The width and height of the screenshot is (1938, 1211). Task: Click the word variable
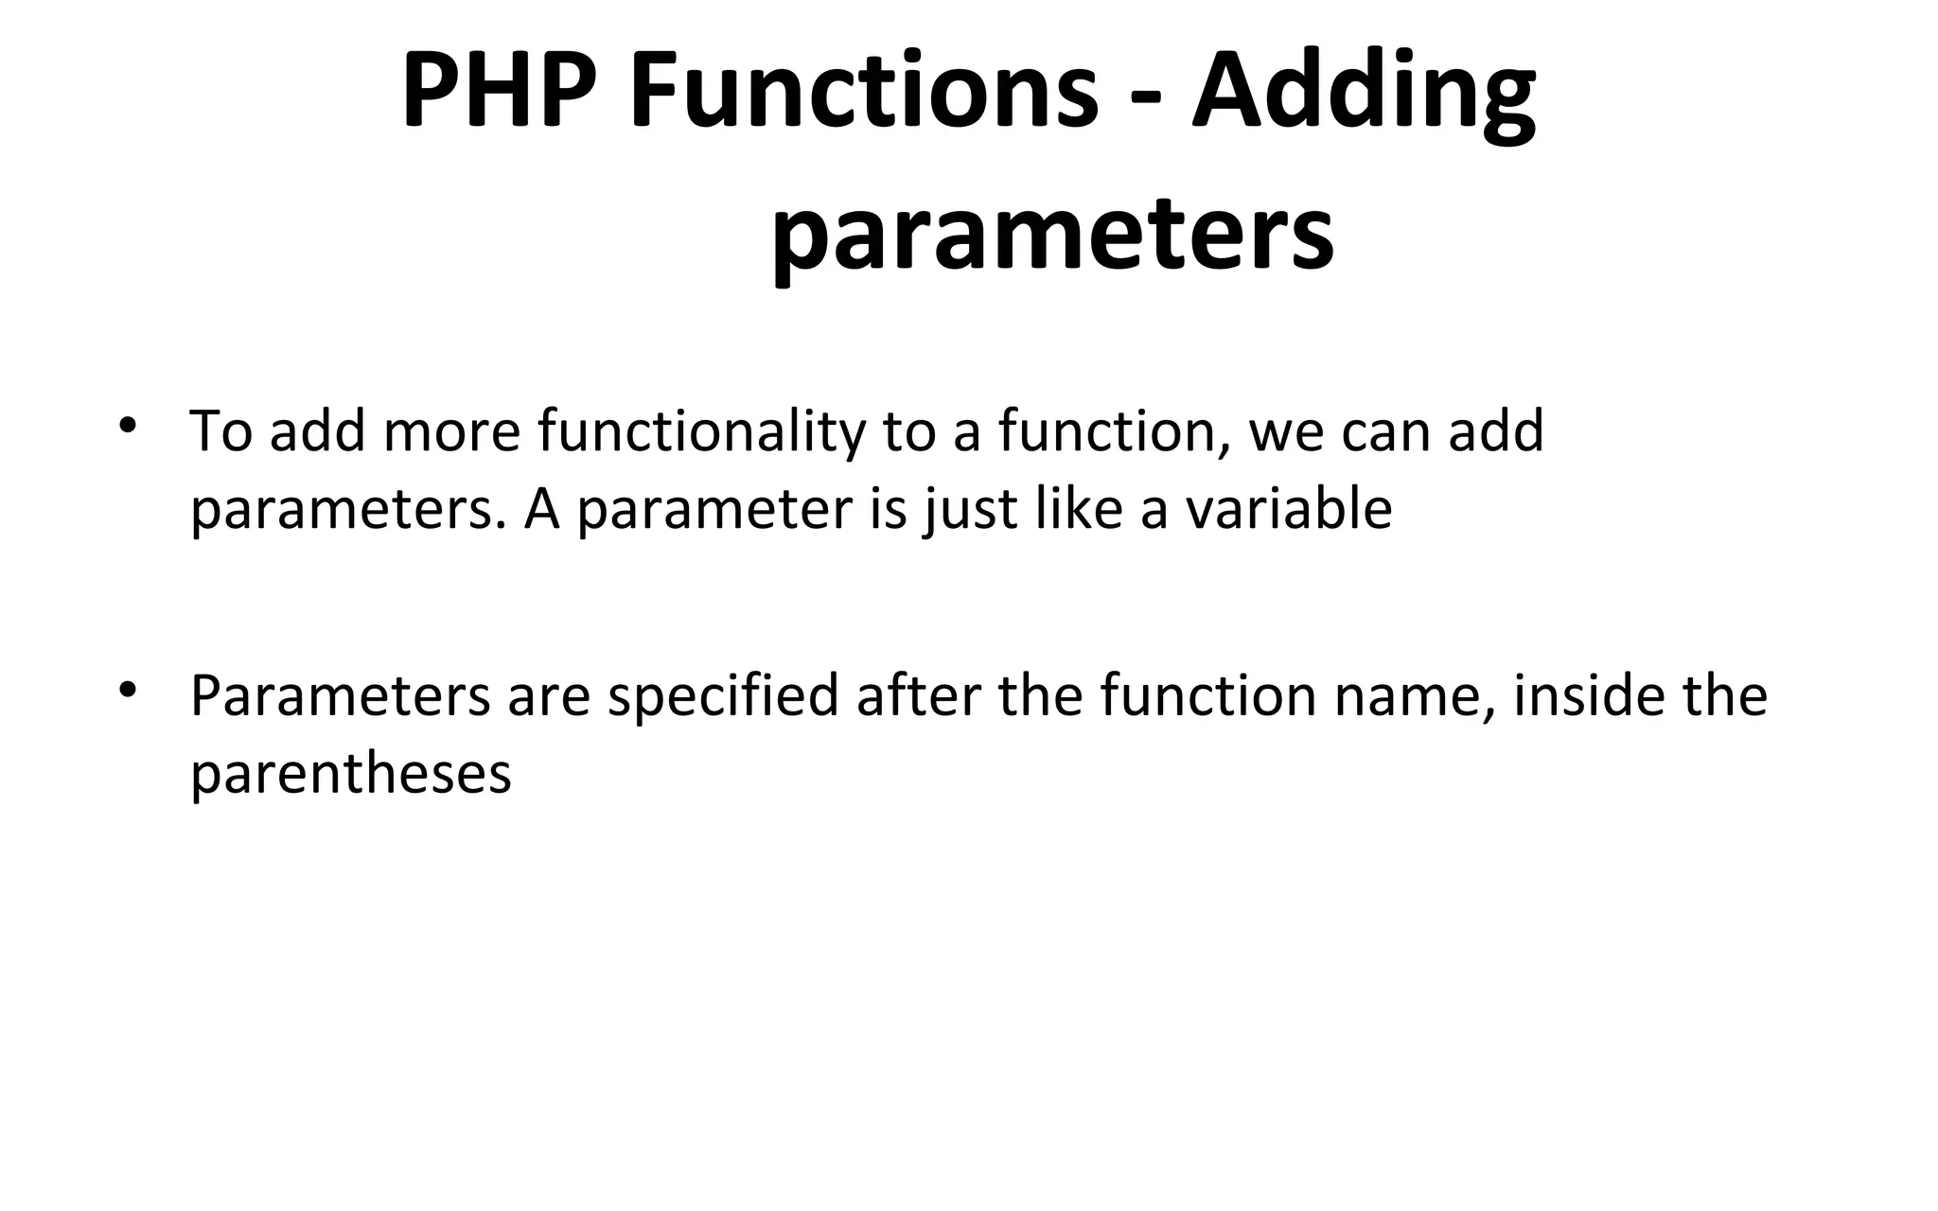click(x=1289, y=508)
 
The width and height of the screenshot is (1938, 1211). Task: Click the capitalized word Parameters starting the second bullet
click(x=341, y=697)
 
